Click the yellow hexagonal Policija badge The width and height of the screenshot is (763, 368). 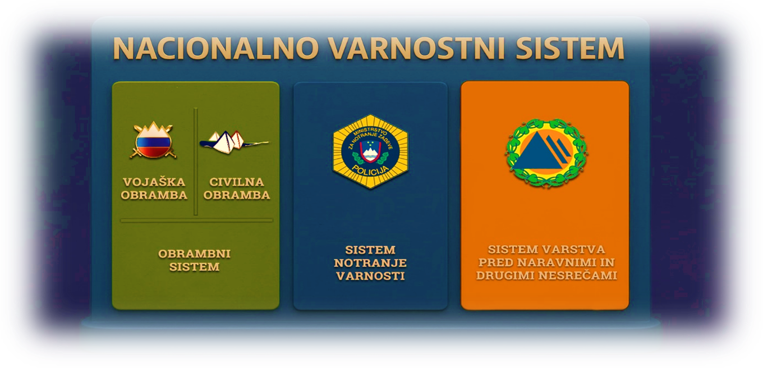tap(370, 151)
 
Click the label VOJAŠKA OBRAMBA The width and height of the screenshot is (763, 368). tap(155, 188)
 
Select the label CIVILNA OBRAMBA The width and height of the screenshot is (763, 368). tap(236, 188)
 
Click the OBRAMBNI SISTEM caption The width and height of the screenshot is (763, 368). tap(194, 260)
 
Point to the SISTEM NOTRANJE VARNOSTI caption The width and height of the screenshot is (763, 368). tap(370, 263)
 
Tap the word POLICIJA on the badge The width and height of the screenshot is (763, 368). tap(370, 169)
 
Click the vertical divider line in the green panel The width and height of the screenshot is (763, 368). tap(195, 162)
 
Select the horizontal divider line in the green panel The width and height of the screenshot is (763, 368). tap(196, 220)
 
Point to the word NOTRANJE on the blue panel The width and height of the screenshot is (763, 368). tap(370, 263)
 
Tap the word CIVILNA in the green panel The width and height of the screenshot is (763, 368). tap(236, 182)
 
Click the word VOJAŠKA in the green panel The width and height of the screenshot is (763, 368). tap(155, 182)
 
